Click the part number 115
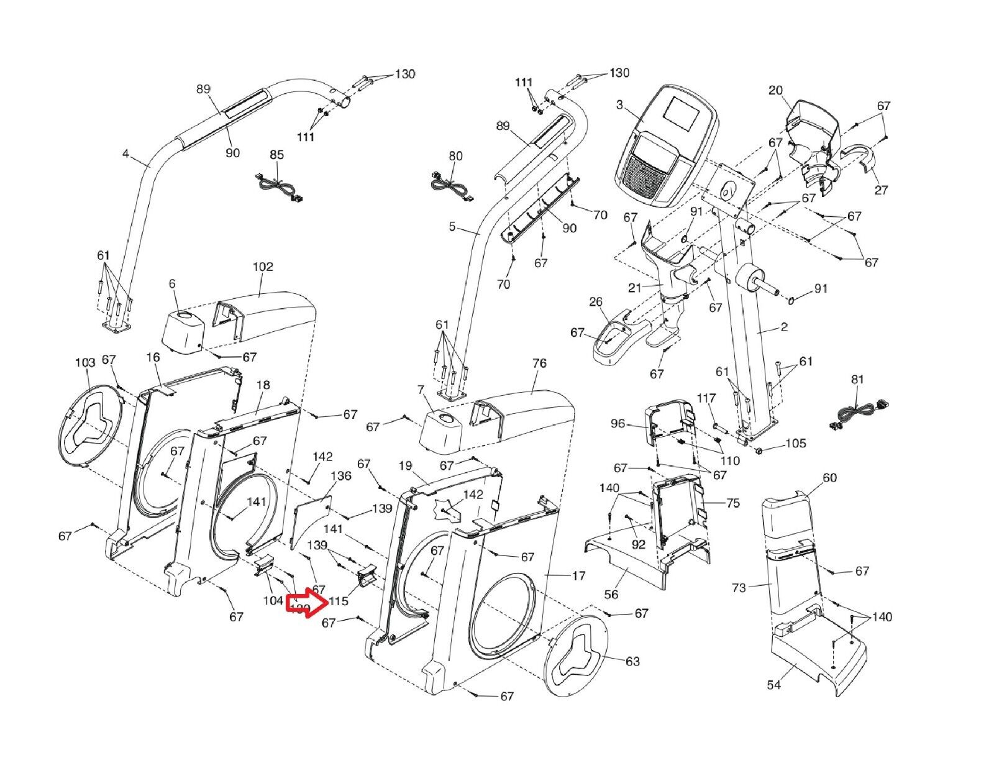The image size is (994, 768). pyautogui.click(x=339, y=601)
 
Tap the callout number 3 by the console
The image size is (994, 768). pyautogui.click(x=619, y=104)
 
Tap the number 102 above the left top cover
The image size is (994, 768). pyautogui.click(x=263, y=267)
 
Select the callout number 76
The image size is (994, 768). pyautogui.click(x=539, y=363)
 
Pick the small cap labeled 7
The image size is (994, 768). pyautogui.click(x=442, y=429)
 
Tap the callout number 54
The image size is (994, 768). pyautogui.click(x=774, y=685)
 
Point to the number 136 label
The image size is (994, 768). pyautogui.click(x=341, y=476)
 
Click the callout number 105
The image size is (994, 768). pyautogui.click(x=796, y=443)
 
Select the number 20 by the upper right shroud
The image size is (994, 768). pyautogui.click(x=775, y=91)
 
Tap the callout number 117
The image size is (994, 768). pyautogui.click(x=706, y=398)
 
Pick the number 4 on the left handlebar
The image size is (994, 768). pyautogui.click(x=125, y=153)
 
